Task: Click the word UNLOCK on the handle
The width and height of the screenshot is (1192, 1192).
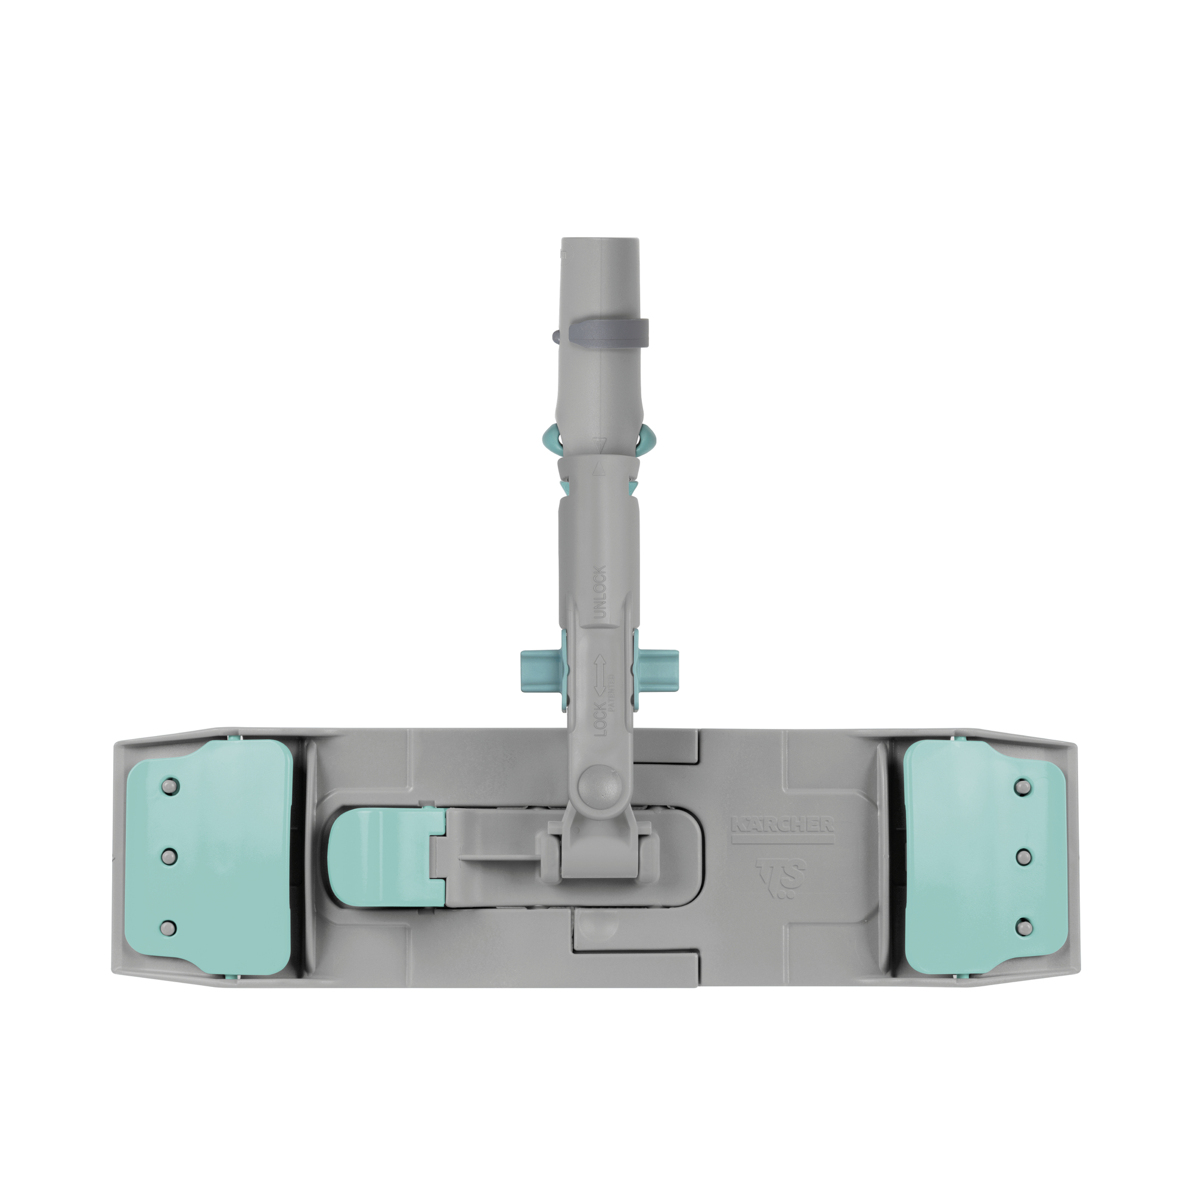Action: [x=600, y=592]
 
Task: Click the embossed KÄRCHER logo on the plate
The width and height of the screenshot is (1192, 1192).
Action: [x=783, y=825]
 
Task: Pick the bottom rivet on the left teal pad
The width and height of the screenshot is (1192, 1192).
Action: [x=169, y=927]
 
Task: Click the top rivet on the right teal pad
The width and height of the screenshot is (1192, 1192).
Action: [x=1023, y=786]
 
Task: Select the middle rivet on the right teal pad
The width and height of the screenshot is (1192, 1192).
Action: [x=1023, y=856]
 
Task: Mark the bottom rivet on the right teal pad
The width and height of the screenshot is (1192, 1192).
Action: [x=1023, y=926]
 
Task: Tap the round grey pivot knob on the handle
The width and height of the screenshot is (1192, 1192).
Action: [x=599, y=786]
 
